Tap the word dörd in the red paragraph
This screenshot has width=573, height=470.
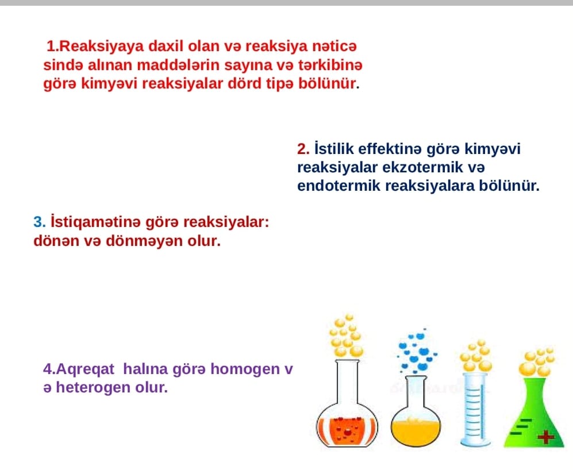[x=244, y=84]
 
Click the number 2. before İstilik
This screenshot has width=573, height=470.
[x=303, y=149]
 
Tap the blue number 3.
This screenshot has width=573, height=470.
[x=40, y=222]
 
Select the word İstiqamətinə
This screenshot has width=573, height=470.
[x=95, y=222]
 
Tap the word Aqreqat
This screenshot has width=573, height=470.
[x=85, y=369]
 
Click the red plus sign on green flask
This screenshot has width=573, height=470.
[x=545, y=437]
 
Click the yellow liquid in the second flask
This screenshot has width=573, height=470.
[x=416, y=432]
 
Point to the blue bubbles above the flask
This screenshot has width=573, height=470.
[x=417, y=351]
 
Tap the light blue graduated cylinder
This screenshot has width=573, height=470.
[x=475, y=410]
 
